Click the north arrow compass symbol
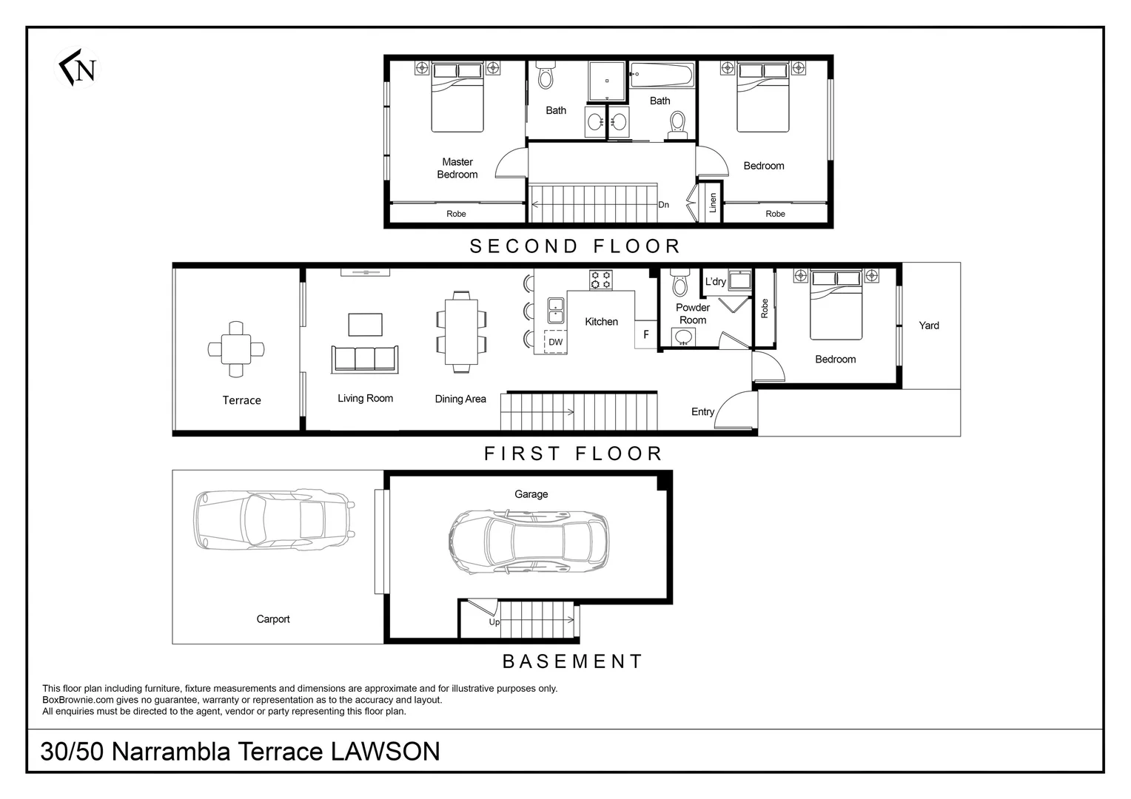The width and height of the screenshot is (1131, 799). tap(77, 67)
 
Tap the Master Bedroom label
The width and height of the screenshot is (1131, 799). tap(457, 168)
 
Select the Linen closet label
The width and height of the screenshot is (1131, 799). tap(713, 203)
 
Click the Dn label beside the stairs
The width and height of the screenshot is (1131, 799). tap(663, 204)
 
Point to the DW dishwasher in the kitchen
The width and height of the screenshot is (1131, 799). tap(555, 342)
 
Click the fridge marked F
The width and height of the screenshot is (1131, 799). tap(645, 334)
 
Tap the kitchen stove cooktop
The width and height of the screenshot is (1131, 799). tap(601, 280)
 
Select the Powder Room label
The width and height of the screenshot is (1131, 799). tap(693, 314)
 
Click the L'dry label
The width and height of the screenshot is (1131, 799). tap(716, 282)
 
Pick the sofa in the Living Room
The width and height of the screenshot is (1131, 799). tap(365, 360)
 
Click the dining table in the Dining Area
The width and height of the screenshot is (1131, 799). tap(461, 331)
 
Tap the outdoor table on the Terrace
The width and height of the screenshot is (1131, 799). tap(236, 349)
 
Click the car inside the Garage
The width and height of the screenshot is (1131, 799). tap(528, 542)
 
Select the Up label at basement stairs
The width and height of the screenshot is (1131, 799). tap(494, 622)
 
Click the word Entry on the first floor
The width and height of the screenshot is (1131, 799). tap(702, 412)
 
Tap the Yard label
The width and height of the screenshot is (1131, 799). tap(929, 326)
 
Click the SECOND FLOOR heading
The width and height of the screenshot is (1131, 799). tap(575, 246)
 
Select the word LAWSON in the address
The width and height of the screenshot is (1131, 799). tap(385, 752)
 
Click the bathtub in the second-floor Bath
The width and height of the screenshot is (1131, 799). tap(662, 75)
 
